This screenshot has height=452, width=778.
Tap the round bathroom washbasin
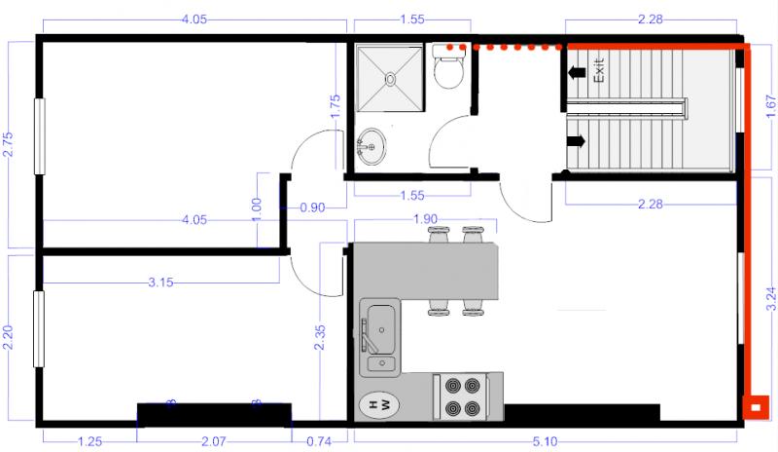(371, 148)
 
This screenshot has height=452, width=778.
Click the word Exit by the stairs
(600, 69)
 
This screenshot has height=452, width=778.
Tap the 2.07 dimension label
(213, 442)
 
